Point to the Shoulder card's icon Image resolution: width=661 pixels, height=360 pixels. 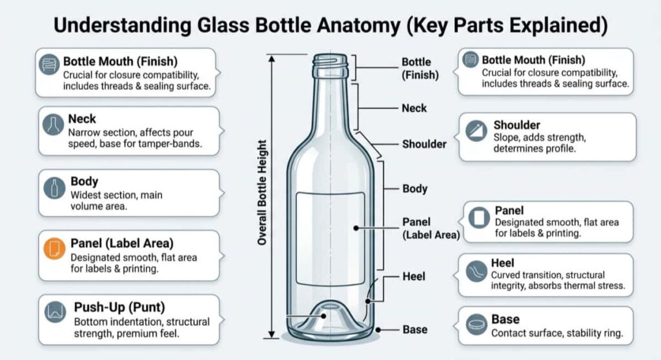pyautogui.click(x=477, y=131)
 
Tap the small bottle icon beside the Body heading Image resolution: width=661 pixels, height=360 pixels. pyautogui.click(x=54, y=188)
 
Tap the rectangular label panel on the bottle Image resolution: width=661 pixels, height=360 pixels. pyautogui.click(x=330, y=239)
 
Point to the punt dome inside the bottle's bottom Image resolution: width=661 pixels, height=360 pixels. pyautogui.click(x=330, y=316)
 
